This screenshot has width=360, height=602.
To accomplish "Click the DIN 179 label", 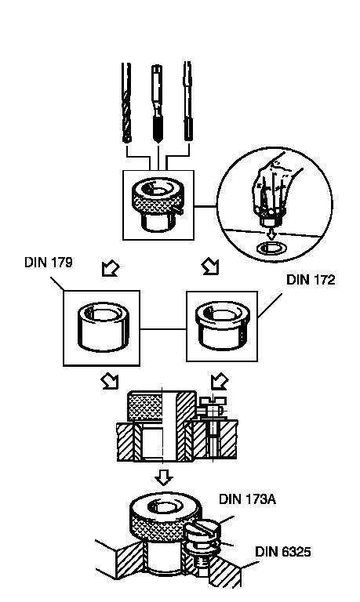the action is pyautogui.click(x=49, y=263).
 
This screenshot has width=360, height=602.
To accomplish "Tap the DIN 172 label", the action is pyautogui.click(x=311, y=280).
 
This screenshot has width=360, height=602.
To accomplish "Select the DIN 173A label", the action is pyautogui.click(x=247, y=499).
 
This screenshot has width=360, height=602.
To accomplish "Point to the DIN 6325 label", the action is pyautogui.click(x=283, y=552).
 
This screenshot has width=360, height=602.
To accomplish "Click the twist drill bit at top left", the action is pyautogui.click(x=126, y=103).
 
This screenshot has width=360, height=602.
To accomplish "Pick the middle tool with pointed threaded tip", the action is pyautogui.click(x=157, y=103).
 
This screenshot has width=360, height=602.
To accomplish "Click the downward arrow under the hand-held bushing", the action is pyautogui.click(x=271, y=234).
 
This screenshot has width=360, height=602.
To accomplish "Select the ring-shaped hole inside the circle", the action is pyautogui.click(x=271, y=248).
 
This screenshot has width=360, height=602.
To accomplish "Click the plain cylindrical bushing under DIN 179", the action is pyautogui.click(x=103, y=327).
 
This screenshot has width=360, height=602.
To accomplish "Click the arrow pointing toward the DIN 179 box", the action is pyautogui.click(x=111, y=269).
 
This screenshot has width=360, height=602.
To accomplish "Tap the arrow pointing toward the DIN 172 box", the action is pyautogui.click(x=211, y=267).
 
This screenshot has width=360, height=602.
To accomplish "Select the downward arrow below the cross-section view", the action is pyautogui.click(x=164, y=477).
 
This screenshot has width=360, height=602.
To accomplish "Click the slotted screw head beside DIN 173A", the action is pyautogui.click(x=202, y=530).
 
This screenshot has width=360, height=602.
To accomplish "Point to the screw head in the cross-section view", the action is pyautogui.click(x=213, y=402).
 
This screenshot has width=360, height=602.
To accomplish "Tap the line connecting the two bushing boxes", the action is pyautogui.click(x=163, y=329).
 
